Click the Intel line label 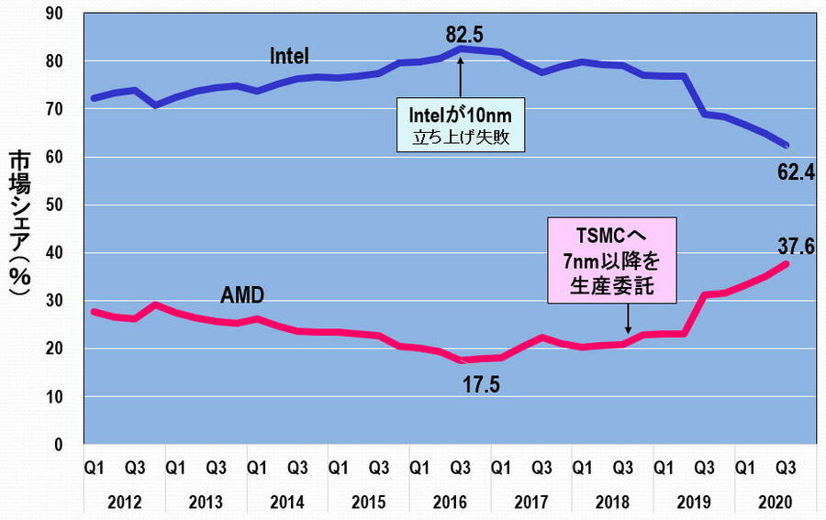click(x=289, y=56)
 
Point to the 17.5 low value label click(x=481, y=383)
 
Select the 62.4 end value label click(x=795, y=170)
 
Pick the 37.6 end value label click(x=795, y=245)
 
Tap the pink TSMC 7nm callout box click(x=611, y=261)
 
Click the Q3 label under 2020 click(x=787, y=467)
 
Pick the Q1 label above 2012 click(x=94, y=467)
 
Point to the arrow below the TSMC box click(x=628, y=319)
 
